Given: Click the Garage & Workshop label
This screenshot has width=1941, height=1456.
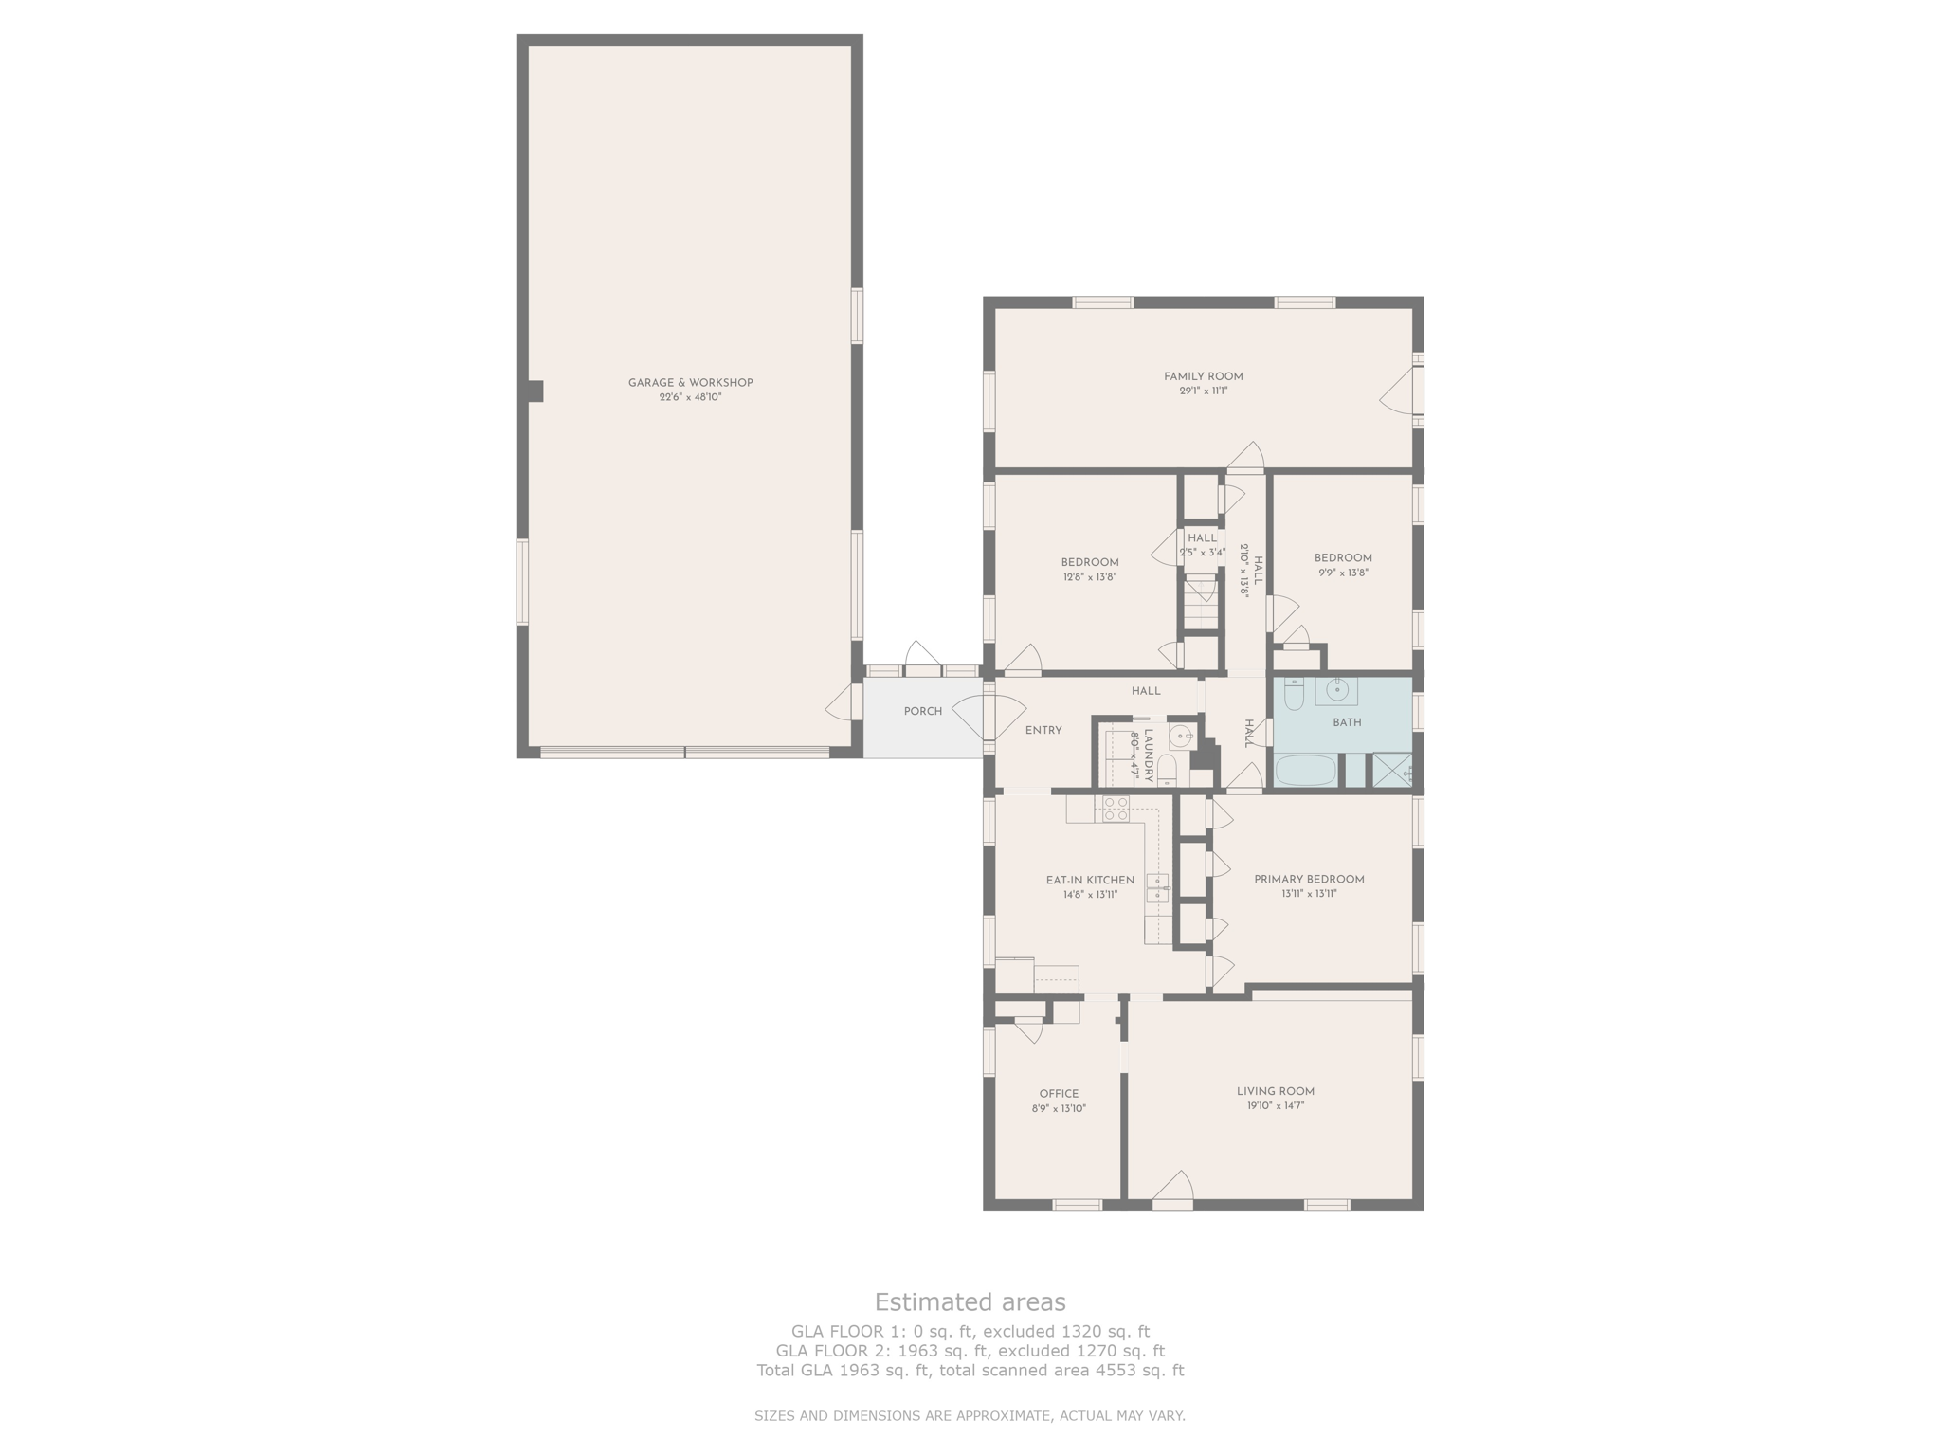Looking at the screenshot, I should [x=690, y=383].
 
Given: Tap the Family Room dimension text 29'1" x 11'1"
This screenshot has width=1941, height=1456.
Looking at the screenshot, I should [x=1203, y=391].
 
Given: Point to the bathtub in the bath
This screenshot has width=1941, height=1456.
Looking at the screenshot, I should [x=1305, y=770].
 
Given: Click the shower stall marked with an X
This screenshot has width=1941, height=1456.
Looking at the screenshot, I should [x=1391, y=770].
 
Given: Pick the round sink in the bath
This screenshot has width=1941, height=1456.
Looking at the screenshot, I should [x=1337, y=690].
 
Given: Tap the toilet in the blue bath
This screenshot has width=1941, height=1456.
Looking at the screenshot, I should [x=1294, y=694].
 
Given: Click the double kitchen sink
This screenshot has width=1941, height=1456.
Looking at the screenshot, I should [x=1157, y=888].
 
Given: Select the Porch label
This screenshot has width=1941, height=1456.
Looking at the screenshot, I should [x=922, y=711].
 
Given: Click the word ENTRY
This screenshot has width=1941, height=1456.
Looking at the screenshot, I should [x=1043, y=730].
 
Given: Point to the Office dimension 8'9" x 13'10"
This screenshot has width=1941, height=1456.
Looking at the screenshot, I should [x=1059, y=1108].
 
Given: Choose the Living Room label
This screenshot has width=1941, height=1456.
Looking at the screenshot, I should [x=1275, y=1091].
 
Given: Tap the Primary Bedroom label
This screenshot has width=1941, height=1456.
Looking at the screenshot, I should [x=1309, y=879].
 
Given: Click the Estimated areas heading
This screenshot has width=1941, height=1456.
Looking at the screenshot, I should [x=970, y=1301].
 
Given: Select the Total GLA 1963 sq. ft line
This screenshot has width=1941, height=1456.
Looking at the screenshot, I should [x=970, y=1370].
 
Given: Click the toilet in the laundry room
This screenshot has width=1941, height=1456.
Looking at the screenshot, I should [x=1167, y=770].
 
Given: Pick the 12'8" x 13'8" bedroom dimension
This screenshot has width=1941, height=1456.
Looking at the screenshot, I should [x=1090, y=576].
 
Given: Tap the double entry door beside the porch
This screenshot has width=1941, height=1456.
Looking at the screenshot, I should [x=989, y=717].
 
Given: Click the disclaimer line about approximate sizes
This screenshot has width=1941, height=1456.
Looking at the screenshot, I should [x=970, y=1416].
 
